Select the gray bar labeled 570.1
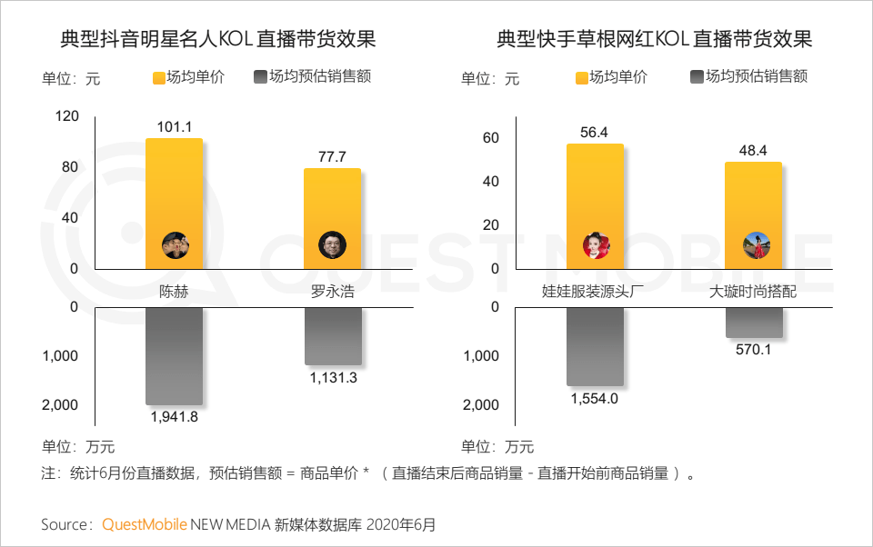pyautogui.click(x=753, y=322)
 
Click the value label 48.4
pyautogui.click(x=753, y=150)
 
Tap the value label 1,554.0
pyautogui.click(x=595, y=398)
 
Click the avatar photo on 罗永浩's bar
pyautogui.click(x=332, y=244)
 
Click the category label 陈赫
pyautogui.click(x=174, y=293)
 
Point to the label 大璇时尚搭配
pyautogui.click(x=753, y=293)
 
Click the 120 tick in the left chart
pyautogui.click(x=67, y=116)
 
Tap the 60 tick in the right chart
pyautogui.click(x=491, y=138)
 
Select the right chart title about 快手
pyautogui.click(x=655, y=40)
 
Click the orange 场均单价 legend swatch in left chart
pyautogui.click(x=158, y=78)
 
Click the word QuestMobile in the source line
pyautogui.click(x=145, y=524)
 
